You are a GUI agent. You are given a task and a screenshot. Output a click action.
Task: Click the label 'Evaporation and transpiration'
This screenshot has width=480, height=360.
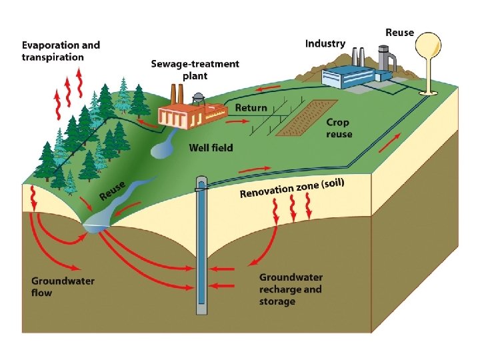click(x=61, y=51)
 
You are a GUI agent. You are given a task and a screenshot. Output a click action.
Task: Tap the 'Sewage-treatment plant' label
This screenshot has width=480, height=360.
click(x=195, y=69)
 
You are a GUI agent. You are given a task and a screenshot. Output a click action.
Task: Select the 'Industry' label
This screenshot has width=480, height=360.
click(x=325, y=43)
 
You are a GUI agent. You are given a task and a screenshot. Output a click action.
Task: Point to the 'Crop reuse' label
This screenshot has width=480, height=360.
click(x=339, y=128)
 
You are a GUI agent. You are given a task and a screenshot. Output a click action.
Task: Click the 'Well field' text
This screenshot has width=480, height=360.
click(x=211, y=147)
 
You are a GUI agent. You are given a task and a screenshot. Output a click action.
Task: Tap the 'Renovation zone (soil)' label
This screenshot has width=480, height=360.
click(x=292, y=188)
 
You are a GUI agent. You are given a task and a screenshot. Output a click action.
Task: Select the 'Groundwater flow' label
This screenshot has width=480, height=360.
click(x=63, y=287)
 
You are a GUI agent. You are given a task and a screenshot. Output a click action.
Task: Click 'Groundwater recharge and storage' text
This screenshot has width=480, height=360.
click(x=291, y=289)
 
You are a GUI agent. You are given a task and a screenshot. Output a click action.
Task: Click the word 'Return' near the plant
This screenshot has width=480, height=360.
click(x=251, y=107)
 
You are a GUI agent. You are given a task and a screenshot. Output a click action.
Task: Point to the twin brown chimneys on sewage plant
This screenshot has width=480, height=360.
click(x=176, y=93)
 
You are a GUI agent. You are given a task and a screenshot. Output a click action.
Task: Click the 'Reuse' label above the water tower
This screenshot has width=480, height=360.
click(x=399, y=32)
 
